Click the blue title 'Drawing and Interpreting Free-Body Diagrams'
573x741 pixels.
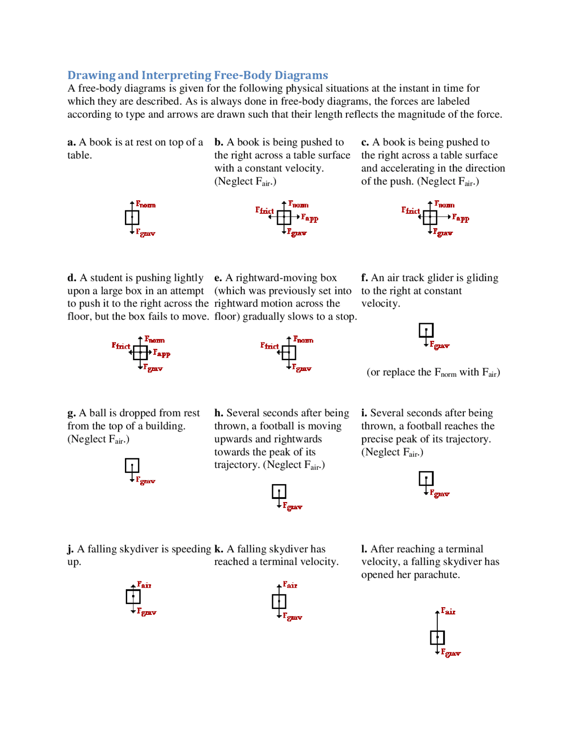tap(197, 75)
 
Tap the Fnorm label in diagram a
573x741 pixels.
tap(145, 204)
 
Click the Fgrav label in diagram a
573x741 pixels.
tap(145, 233)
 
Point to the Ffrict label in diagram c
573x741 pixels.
tap(410, 210)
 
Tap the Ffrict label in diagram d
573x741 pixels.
tap(121, 345)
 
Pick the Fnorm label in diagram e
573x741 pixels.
tap(303, 340)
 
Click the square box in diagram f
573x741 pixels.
tap(426, 330)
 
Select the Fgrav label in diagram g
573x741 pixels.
tap(145, 481)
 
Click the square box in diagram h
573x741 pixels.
tap(279, 491)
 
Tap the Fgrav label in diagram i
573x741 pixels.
tap(440, 493)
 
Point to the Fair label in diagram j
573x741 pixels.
tap(144, 585)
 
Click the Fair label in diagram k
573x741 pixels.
tap(290, 585)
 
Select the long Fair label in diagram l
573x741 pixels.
tap(448, 611)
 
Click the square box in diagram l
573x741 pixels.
tap(437, 637)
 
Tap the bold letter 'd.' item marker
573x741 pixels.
tap(72, 278)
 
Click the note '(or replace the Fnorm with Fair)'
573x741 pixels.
tap(433, 372)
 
